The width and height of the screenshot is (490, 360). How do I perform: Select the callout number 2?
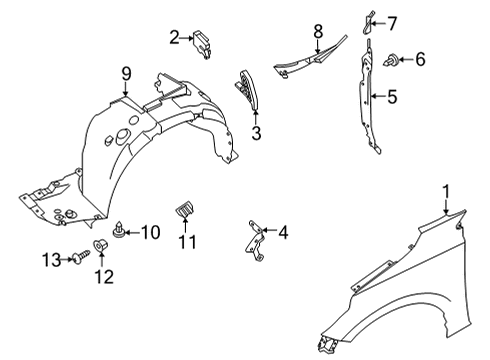point(175,38)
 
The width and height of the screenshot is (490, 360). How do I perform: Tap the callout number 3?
point(256,133)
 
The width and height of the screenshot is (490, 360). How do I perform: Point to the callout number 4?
point(284,233)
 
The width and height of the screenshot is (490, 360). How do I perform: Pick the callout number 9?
point(126,72)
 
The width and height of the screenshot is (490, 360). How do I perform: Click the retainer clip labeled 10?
point(120,233)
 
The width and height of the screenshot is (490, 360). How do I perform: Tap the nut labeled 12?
point(101,245)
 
